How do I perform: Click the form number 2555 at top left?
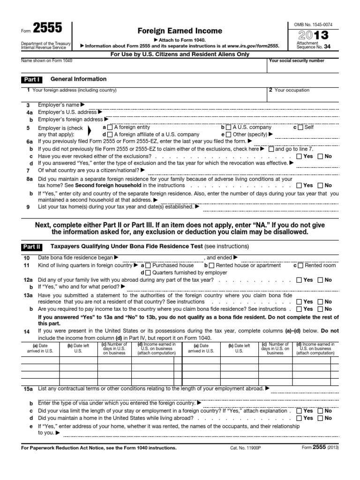(46, 28)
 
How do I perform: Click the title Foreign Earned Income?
(173, 31)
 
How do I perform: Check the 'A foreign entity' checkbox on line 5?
(110, 127)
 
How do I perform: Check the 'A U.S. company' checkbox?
(228, 127)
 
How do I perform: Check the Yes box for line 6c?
(299, 156)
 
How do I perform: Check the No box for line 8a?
(320, 186)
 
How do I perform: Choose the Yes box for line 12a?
(299, 280)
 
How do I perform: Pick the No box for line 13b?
(320, 309)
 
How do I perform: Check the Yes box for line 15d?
(299, 418)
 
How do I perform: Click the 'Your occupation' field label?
(292, 90)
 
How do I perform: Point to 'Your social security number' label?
(297, 61)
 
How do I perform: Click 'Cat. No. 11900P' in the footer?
(246, 448)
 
